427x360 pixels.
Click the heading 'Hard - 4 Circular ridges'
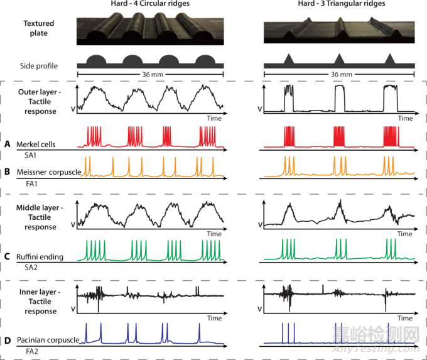pos(151,5)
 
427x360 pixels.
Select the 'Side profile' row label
pos(39,65)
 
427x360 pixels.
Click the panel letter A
pos(7,144)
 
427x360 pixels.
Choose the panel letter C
pos(7,256)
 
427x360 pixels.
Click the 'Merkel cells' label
pos(36,145)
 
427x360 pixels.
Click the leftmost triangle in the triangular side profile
pos(289,59)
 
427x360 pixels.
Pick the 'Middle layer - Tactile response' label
pos(39,217)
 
